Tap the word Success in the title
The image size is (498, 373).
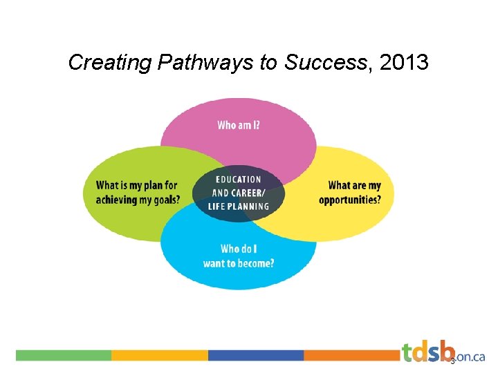pos(324,64)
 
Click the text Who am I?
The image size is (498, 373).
pos(239,126)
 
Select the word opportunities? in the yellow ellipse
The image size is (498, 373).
pos(350,200)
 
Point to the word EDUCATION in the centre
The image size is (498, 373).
pos(239,180)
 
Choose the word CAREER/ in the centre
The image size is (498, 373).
pos(252,193)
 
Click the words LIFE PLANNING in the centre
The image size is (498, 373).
pos(239,206)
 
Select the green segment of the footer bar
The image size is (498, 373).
pos(64,355)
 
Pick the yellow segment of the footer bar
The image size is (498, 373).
pos(160,355)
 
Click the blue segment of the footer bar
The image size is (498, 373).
pos(256,355)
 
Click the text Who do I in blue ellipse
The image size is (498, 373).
pos(240,249)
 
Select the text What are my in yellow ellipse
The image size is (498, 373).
pos(355,186)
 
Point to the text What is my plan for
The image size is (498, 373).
pos(137,185)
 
